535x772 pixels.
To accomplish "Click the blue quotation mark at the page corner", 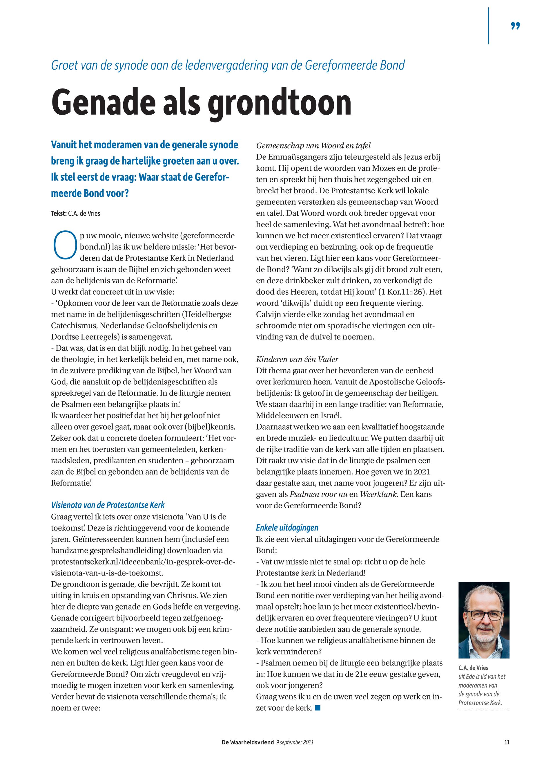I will point(516,26).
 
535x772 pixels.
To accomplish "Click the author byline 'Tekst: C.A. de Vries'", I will point(75,213).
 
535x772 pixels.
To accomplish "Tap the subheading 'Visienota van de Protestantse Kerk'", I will point(108,505).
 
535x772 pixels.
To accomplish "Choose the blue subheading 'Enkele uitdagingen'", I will point(287,527).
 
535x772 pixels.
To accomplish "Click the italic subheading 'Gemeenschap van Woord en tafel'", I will point(313,146).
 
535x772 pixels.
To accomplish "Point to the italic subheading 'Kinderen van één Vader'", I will point(297,359).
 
